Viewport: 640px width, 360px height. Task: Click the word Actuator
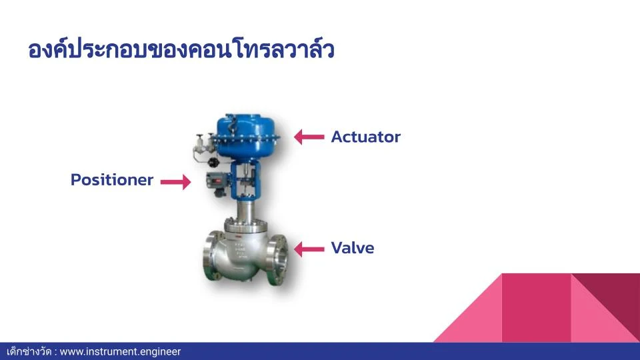coord(366,137)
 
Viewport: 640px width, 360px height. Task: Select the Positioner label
coord(112,179)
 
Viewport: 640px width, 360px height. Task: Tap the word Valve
coord(353,248)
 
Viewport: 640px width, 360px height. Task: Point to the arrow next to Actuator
coord(309,137)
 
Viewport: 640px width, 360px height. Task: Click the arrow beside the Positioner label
coord(175,181)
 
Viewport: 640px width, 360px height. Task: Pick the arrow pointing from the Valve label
coord(309,249)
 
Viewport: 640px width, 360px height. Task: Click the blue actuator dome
coord(248,136)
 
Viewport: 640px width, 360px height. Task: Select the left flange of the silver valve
coord(211,255)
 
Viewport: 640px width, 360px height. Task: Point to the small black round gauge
coord(213,161)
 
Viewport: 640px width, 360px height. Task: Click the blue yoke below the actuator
coord(245,180)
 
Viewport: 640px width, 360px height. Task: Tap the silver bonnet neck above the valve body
coord(245,210)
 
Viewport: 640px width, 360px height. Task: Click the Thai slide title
coord(181,50)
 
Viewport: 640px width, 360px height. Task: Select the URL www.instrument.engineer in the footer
coord(120,351)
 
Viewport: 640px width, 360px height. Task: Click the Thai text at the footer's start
coord(29,351)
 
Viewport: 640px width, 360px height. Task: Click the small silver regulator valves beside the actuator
coord(203,147)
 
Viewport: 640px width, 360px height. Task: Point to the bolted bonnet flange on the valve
coord(245,225)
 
